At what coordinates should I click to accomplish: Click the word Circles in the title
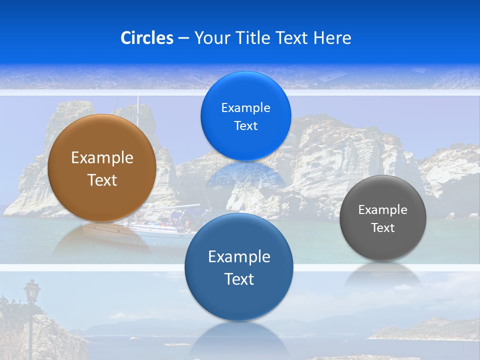coord(147,38)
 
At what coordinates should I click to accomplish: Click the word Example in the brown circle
coord(102,158)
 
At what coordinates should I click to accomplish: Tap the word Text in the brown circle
coord(102,180)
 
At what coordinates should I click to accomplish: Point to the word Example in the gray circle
coord(383,210)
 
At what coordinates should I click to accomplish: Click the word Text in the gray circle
coord(383,228)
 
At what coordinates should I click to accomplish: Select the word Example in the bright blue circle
coord(245,107)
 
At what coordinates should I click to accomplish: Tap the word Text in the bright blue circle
coord(245,126)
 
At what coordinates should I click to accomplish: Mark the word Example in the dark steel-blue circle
coord(239,257)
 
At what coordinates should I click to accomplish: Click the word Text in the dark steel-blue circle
coord(239,279)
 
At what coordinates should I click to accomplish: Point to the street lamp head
coord(32,290)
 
